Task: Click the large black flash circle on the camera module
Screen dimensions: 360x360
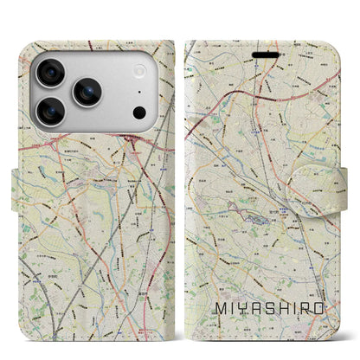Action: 138,112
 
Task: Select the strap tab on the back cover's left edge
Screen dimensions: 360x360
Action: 21,183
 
